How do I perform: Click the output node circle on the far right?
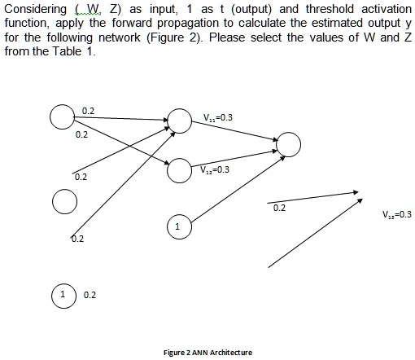tap(290, 145)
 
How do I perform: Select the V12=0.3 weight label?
tap(216, 169)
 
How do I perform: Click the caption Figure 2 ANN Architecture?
tap(207, 352)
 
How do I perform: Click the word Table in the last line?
tap(81, 50)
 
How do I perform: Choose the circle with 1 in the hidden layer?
tap(177, 226)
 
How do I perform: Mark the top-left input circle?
tap(60, 118)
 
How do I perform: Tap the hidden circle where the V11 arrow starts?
tap(178, 119)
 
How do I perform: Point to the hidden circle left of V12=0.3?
tap(179, 171)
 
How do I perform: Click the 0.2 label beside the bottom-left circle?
tap(89, 294)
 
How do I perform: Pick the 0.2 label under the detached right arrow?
tap(279, 209)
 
